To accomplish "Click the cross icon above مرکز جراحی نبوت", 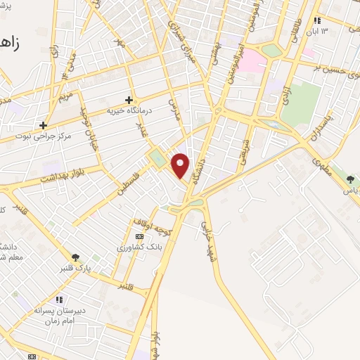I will [x=44, y=125].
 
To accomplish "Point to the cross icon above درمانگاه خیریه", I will [x=129, y=100].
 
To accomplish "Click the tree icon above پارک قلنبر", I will [x=76, y=257].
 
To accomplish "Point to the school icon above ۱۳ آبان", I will [x=318, y=20].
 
